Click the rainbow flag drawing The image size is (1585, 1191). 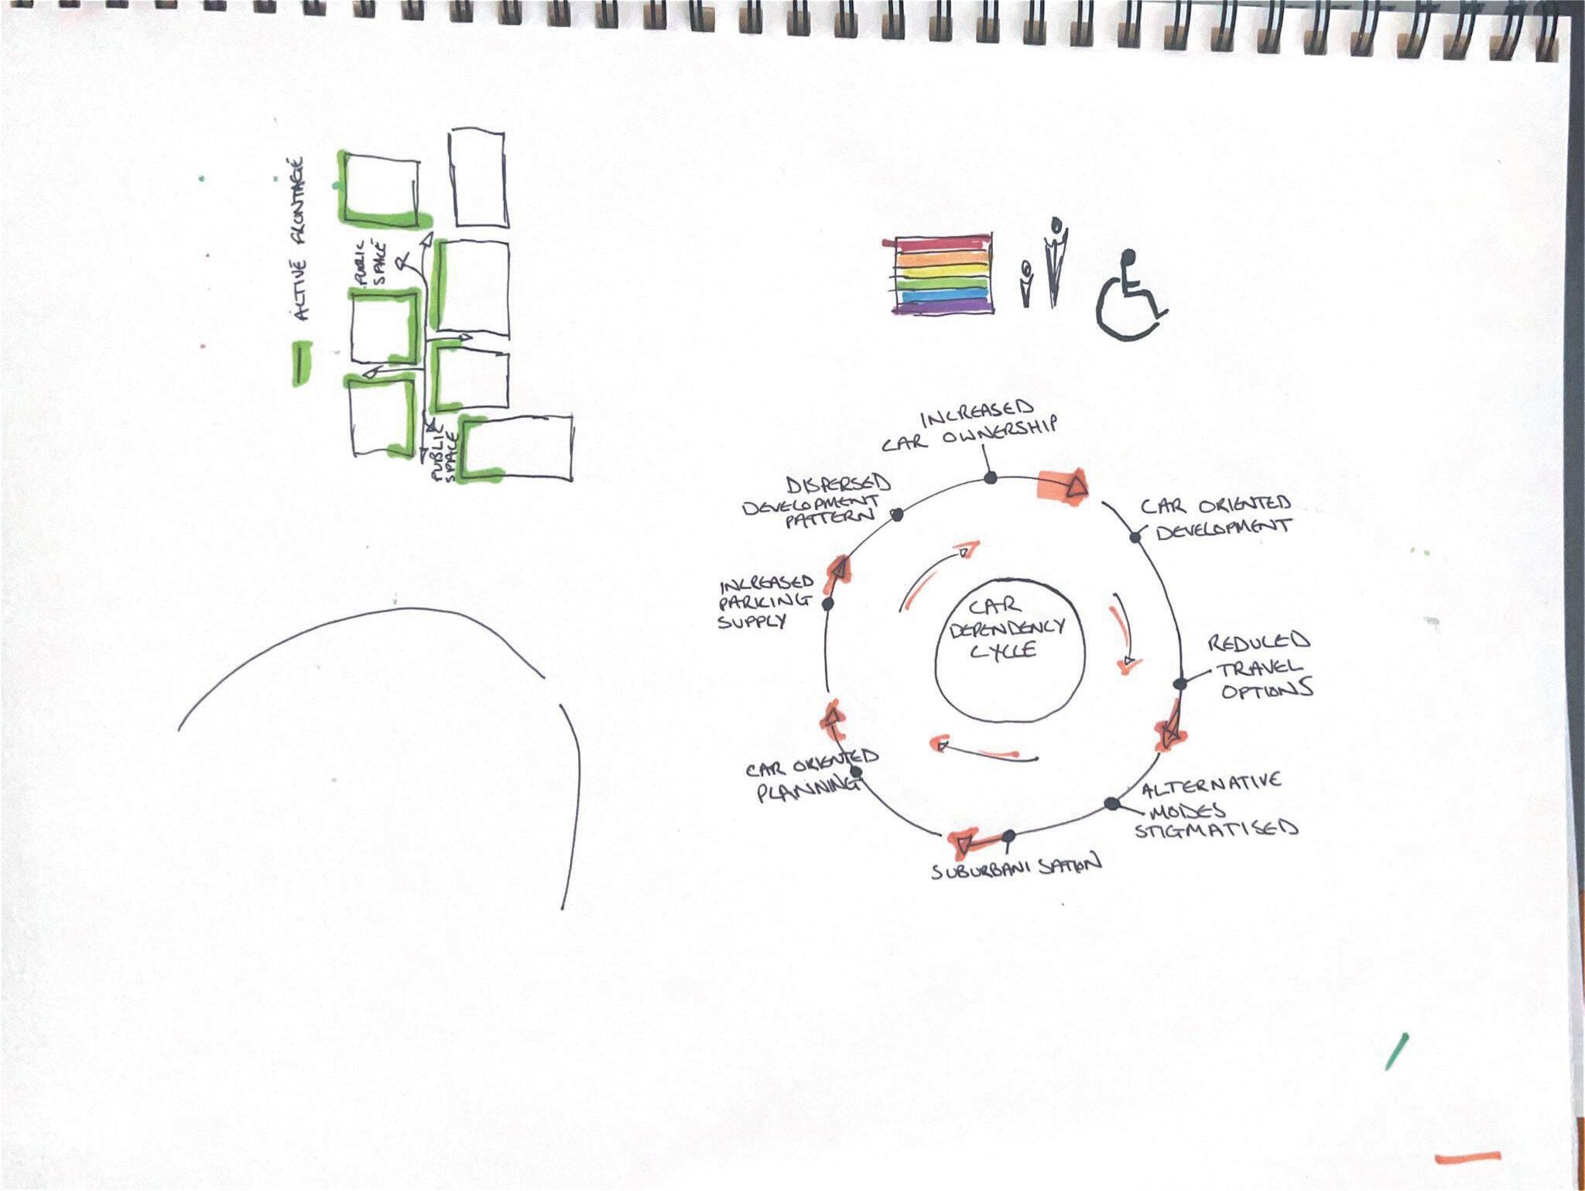pos(943,274)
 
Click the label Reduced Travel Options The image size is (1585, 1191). pos(1261,666)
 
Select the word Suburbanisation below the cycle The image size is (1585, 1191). pos(1015,868)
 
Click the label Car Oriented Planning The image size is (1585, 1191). pos(809,776)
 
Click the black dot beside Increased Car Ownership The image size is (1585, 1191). pos(990,478)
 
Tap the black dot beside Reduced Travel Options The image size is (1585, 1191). pos(1180,683)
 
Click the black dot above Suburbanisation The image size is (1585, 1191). pos(1008,836)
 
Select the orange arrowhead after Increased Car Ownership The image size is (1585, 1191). pos(1075,487)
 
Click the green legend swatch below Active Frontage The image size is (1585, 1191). pos(301,363)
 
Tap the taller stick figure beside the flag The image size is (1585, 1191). pos(1054,260)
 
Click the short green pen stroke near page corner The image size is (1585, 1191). pos(1396,1052)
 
